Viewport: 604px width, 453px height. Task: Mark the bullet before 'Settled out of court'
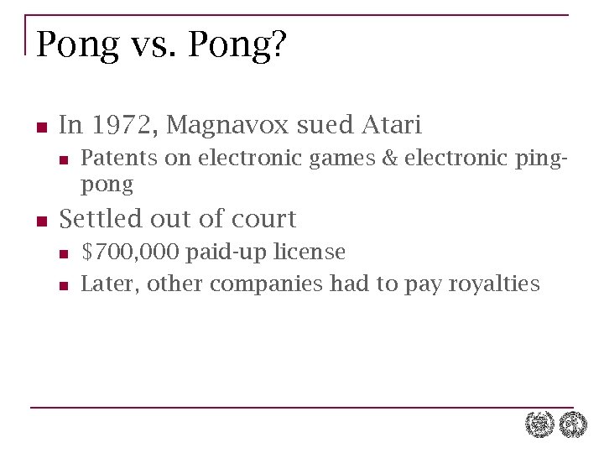[40, 221]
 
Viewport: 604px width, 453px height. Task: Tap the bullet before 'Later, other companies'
[62, 286]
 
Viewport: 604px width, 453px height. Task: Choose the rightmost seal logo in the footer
[574, 424]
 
